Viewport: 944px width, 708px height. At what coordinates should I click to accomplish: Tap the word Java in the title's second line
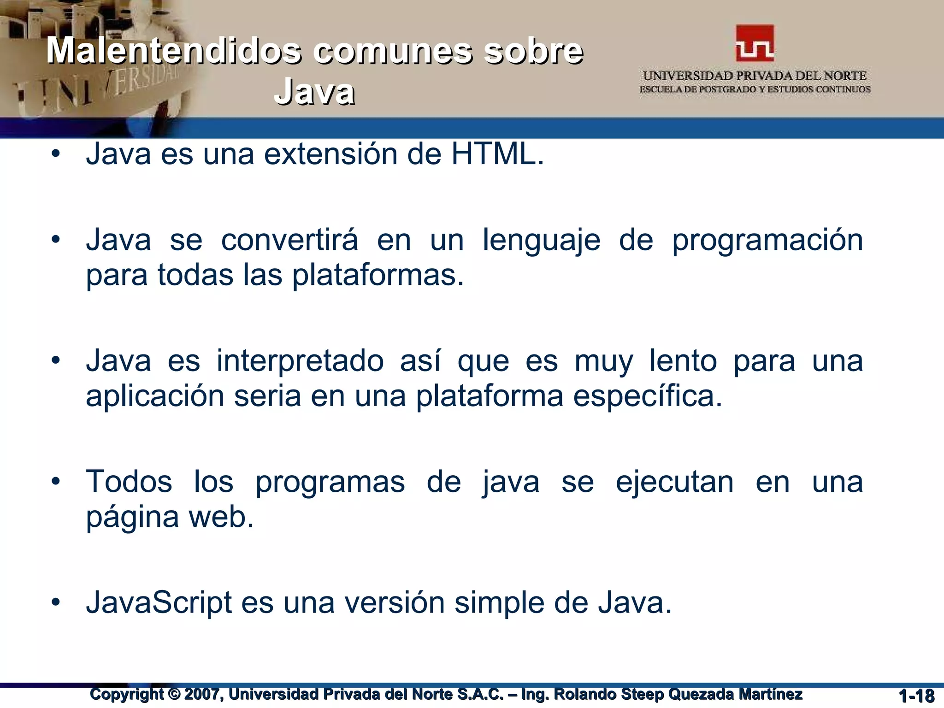(x=314, y=92)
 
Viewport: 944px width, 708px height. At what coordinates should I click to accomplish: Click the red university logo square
(x=755, y=43)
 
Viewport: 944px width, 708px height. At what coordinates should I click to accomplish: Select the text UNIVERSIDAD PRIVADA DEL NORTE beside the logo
(x=755, y=76)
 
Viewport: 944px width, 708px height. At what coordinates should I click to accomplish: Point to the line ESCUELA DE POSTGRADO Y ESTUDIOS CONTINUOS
(x=755, y=89)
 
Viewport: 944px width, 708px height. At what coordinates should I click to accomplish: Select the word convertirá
(x=289, y=240)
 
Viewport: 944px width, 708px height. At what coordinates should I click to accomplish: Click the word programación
(x=767, y=241)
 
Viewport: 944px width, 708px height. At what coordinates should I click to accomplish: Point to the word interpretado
(x=300, y=361)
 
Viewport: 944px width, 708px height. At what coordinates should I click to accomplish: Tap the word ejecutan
(x=674, y=483)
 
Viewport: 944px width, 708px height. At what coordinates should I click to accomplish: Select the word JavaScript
(x=159, y=603)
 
